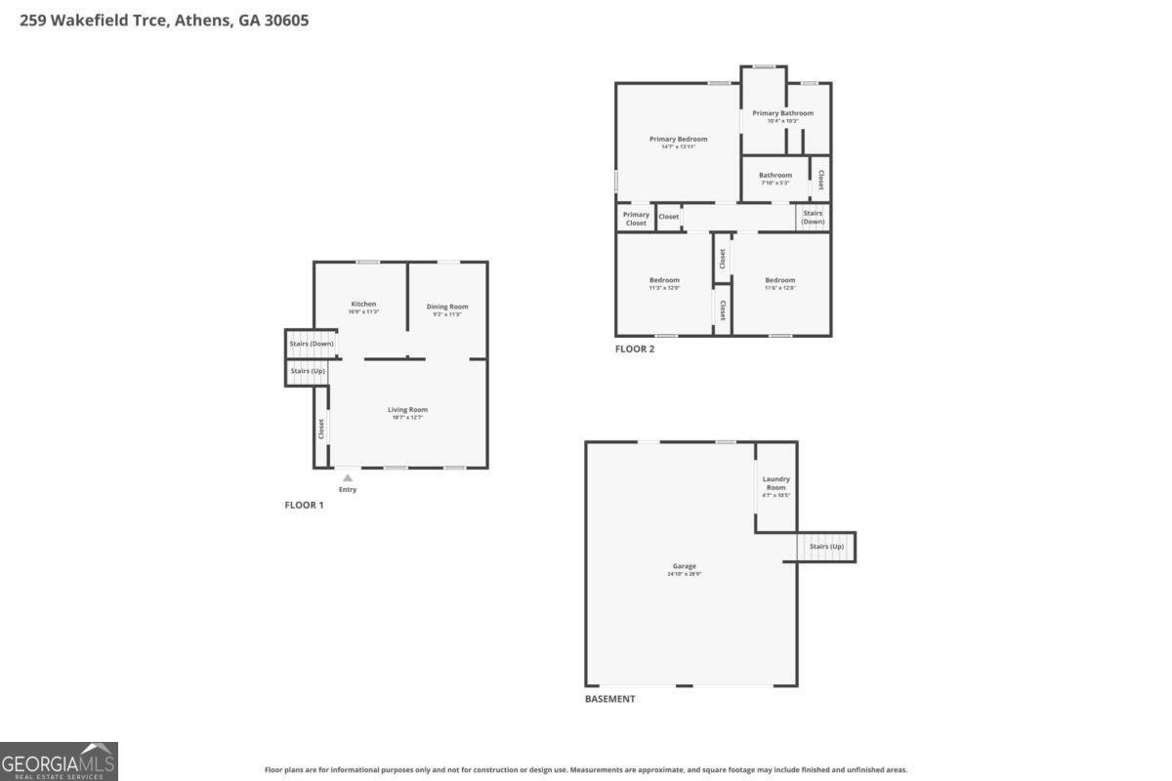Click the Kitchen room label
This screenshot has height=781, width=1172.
click(x=363, y=305)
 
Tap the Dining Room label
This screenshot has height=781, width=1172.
click(x=447, y=308)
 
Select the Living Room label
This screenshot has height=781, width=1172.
click(x=407, y=410)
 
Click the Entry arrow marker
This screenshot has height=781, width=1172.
click(x=347, y=478)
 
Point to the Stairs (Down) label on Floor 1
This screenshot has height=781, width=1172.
click(x=312, y=344)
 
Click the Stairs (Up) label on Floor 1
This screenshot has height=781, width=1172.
click(x=308, y=371)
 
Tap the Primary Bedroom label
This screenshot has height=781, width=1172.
click(x=678, y=140)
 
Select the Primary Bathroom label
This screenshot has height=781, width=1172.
click(x=782, y=114)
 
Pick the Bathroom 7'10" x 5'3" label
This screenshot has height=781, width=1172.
click(x=775, y=176)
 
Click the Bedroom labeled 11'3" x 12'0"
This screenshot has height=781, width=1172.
click(x=664, y=281)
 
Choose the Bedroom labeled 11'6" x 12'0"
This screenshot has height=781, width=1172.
click(x=779, y=281)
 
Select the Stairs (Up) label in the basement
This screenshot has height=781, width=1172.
click(x=826, y=547)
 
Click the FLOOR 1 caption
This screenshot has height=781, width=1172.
click(x=304, y=505)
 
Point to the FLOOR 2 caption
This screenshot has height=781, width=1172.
click(x=635, y=349)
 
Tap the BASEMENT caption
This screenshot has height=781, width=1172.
click(x=609, y=699)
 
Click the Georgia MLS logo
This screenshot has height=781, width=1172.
click(x=59, y=760)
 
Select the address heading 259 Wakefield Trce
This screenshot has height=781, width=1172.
click(x=164, y=20)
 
